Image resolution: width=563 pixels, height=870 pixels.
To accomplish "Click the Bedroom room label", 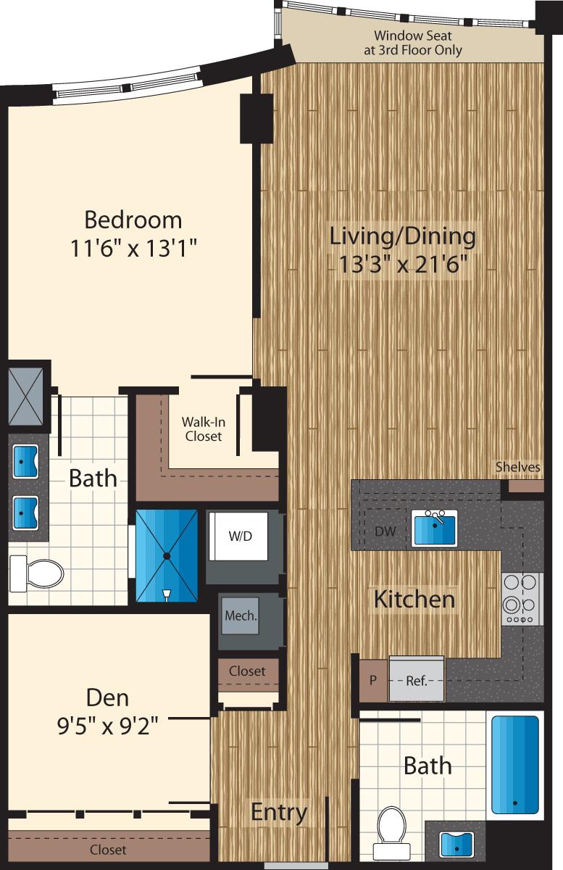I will click(133, 219).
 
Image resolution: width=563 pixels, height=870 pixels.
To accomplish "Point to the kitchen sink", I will click(434, 528).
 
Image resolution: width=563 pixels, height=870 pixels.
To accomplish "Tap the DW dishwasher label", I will click(385, 531).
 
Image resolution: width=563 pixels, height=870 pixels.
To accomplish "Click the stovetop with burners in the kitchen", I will click(522, 599).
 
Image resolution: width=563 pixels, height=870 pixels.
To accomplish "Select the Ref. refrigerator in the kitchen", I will click(416, 680).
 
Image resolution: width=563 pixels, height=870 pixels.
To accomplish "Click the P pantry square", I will click(373, 680).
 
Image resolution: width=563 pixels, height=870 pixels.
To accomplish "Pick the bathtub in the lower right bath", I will click(515, 765).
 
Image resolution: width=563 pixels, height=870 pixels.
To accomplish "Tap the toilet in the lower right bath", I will click(392, 832).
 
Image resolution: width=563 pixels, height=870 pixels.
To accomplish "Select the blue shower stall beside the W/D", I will click(167, 555).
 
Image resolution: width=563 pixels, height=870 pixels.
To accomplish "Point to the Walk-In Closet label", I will click(202, 428).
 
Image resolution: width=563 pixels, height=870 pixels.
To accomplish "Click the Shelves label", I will click(518, 467).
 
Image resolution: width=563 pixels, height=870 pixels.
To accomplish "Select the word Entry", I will click(279, 813).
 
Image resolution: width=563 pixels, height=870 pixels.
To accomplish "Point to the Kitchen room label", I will click(414, 600).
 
